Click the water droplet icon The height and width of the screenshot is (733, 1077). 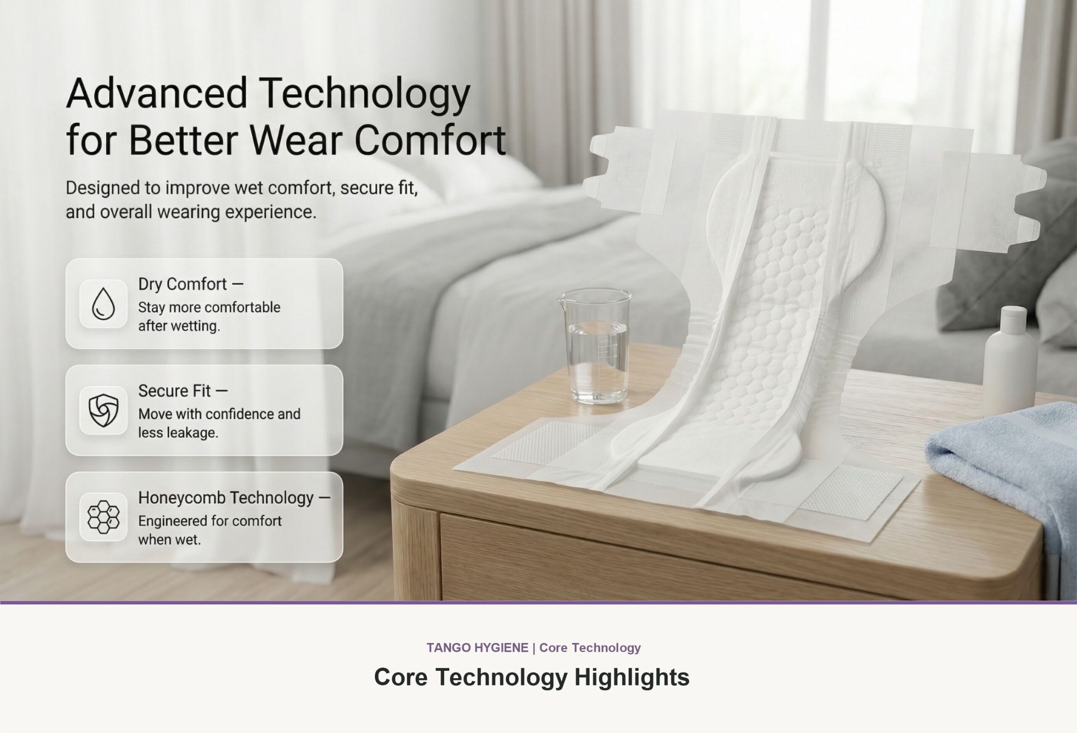click(x=103, y=304)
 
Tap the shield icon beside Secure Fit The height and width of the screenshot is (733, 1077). click(x=103, y=410)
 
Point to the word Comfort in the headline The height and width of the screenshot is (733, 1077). click(x=430, y=140)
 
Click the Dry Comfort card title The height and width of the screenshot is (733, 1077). click(x=191, y=284)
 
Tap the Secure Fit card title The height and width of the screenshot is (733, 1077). click(x=183, y=391)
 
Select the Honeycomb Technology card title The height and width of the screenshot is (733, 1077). click(x=234, y=497)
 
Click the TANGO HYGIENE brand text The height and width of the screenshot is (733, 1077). click(x=477, y=648)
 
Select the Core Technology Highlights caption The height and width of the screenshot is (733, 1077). click(x=531, y=677)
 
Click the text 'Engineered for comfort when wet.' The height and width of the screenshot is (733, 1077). click(x=210, y=530)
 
